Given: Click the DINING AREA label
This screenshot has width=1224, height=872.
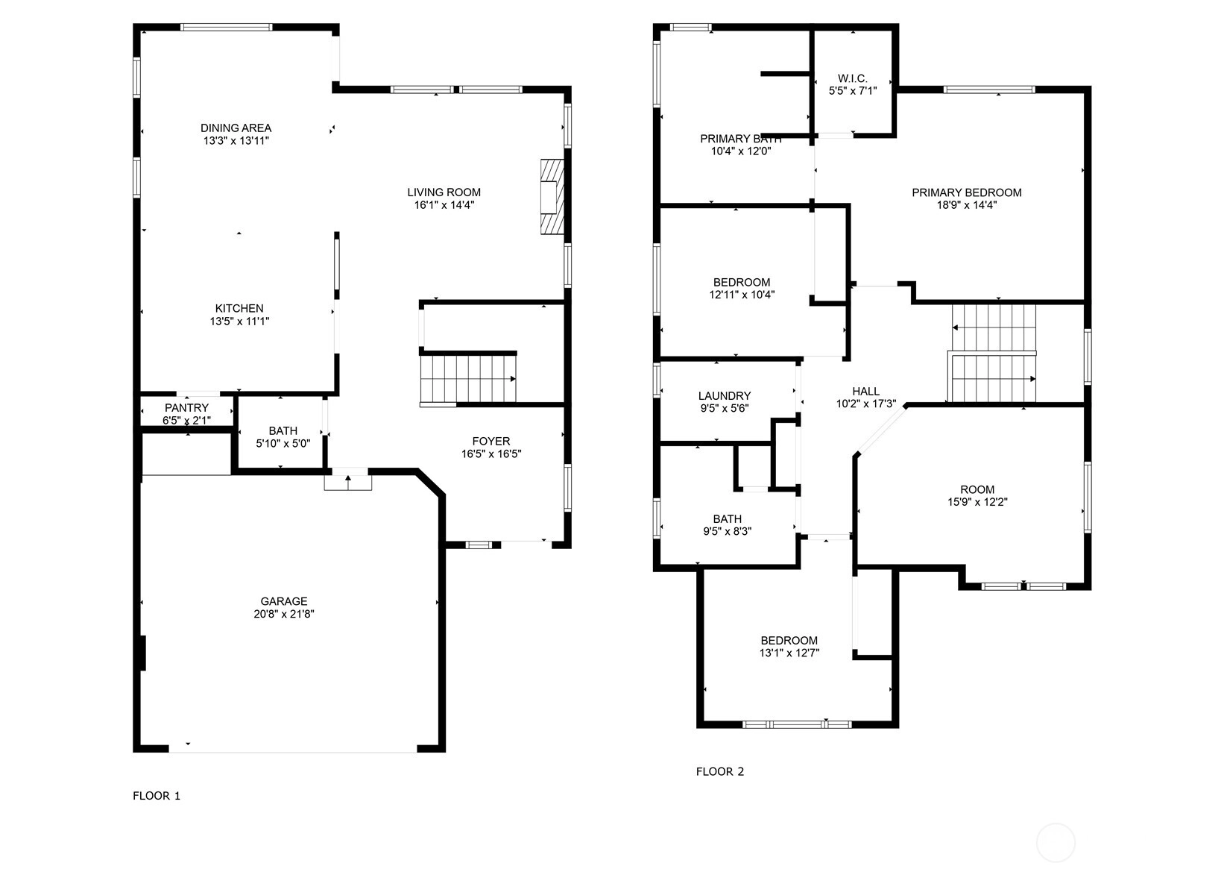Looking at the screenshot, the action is pyautogui.click(x=236, y=128).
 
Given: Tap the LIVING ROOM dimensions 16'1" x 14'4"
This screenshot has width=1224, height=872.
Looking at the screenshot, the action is pyautogui.click(x=444, y=205).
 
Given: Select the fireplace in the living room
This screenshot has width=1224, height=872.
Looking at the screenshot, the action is pyautogui.click(x=552, y=197).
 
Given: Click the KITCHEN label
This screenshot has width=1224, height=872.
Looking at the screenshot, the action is pyautogui.click(x=239, y=308).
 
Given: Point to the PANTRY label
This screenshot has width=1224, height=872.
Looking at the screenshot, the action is pyautogui.click(x=186, y=408).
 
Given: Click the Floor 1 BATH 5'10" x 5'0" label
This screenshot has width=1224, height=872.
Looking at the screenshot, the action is pyautogui.click(x=283, y=437).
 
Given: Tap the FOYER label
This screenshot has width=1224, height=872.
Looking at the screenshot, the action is pyautogui.click(x=491, y=441).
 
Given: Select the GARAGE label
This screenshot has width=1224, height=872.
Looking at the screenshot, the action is pyautogui.click(x=283, y=601).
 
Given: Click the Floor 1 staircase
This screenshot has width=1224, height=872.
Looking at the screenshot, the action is pyautogui.click(x=467, y=378).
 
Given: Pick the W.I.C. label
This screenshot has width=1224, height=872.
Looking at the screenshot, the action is pyautogui.click(x=853, y=78).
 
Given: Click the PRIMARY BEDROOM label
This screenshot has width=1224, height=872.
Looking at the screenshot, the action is pyautogui.click(x=967, y=192).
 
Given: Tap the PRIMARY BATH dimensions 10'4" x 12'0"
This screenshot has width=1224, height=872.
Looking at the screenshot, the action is pyautogui.click(x=741, y=151).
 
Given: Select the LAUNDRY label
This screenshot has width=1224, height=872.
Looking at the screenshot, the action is pyautogui.click(x=725, y=396).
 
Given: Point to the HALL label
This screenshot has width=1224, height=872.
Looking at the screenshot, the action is pyautogui.click(x=866, y=392).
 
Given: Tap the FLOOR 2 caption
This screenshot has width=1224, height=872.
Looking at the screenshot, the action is pyautogui.click(x=719, y=771).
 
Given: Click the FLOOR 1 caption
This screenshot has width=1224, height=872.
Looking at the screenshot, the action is pyautogui.click(x=157, y=795).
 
